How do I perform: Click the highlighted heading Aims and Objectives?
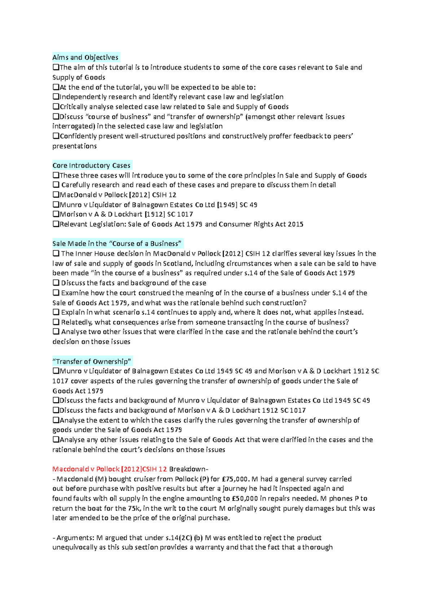[85, 57]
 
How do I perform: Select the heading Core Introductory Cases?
[91, 165]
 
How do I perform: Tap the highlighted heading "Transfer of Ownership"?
[92, 361]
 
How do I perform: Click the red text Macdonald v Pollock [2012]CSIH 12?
[109, 469]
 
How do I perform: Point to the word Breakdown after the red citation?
[188, 469]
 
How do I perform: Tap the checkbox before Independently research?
[56, 97]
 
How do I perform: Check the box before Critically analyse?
[56, 106]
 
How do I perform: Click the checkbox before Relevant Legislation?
[56, 224]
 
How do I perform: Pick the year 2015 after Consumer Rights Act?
[296, 224]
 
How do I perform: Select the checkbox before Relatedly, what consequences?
[56, 322]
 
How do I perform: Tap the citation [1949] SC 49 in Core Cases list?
[237, 205]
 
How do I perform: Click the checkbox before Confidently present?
[56, 136]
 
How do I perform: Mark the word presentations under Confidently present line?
[74, 146]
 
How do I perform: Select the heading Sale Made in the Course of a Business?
[117, 243]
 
